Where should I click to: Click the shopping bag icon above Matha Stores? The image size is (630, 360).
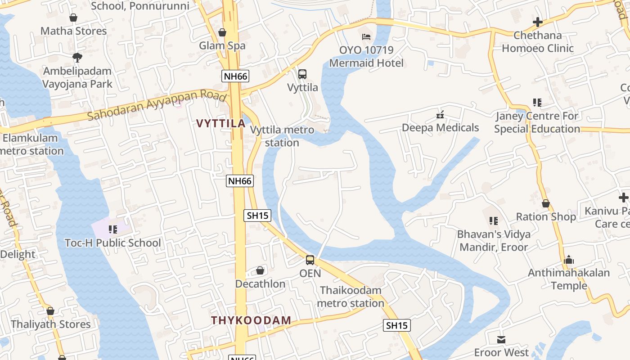pos(73,18)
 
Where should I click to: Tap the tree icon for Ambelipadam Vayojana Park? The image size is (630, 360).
pos(77,57)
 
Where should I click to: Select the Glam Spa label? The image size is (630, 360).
pos(222,45)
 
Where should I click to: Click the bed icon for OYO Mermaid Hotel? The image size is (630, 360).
pos(366,36)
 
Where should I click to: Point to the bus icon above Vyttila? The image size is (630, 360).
pos(302,74)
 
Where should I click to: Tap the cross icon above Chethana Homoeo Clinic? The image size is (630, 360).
pos(537,22)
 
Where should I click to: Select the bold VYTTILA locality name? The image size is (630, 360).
pos(220,123)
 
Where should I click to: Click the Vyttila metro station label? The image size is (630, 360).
pos(282,136)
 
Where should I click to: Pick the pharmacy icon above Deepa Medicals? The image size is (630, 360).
pos(441,115)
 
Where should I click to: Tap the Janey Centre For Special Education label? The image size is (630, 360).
pos(537,122)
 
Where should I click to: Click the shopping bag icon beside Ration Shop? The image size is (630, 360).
pos(546,204)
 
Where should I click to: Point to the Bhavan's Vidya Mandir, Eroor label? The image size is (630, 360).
pos(494,240)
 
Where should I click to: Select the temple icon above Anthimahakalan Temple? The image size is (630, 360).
pos(569,260)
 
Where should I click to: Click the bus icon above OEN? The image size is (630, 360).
pos(310,260)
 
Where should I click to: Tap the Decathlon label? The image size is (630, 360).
pos(260,284)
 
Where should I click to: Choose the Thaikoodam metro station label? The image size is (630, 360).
pos(351,297)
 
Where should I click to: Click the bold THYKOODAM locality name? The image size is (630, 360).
pos(251,321)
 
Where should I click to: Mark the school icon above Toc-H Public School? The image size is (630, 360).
pos(112,230)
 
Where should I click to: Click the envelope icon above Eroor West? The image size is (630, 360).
pos(501,339)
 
